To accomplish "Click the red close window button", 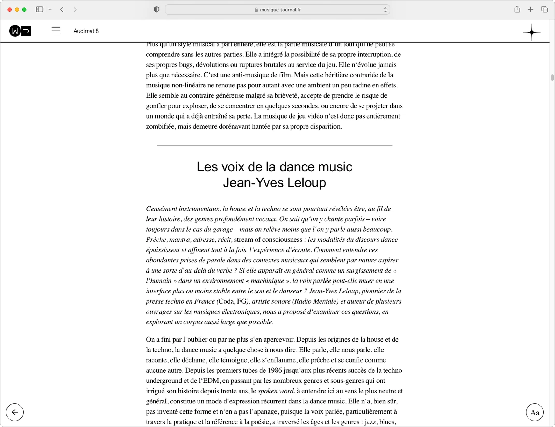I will tap(10, 10).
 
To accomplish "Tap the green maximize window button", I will tap(24, 10).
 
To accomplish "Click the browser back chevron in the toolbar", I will tap(62, 10).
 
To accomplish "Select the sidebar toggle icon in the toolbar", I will tap(39, 10).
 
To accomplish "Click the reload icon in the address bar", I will tap(385, 10).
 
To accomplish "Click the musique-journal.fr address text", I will tap(280, 10).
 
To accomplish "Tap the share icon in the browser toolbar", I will tap(517, 10).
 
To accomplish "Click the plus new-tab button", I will tap(530, 10).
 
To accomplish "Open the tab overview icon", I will tap(544, 10).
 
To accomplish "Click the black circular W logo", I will tap(15, 31).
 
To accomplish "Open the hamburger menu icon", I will tap(56, 31).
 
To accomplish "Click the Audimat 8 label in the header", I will tap(86, 31).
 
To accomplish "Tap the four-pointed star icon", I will tap(531, 32).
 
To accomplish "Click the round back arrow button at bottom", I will tap(15, 412).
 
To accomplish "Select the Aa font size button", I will tap(535, 412).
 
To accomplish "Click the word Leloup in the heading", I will tap(306, 183).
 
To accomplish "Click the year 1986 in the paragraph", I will tap(275, 370).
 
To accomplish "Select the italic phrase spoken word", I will tap(276, 391).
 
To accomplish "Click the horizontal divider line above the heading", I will tap(275, 145).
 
